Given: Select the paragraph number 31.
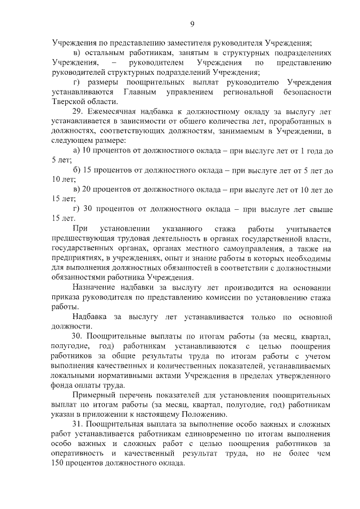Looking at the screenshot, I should point(78,423).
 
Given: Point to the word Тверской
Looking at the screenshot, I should point(69,101).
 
